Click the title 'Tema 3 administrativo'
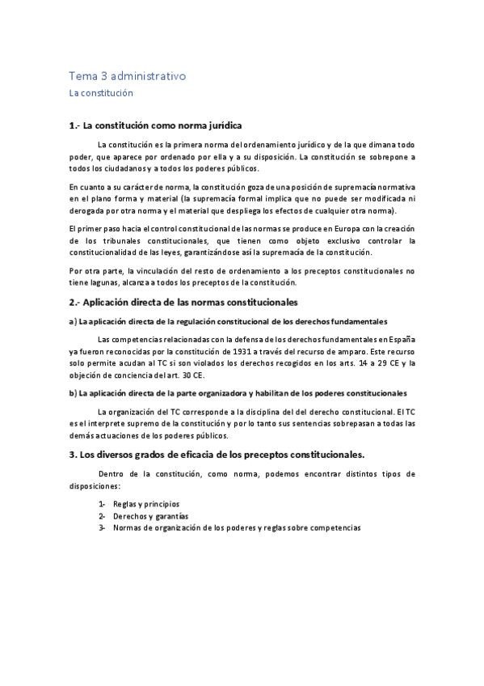coord(128,77)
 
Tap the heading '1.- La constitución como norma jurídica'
coord(156,127)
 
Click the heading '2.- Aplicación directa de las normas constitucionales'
coord(183,302)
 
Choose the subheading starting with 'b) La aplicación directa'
coord(238,393)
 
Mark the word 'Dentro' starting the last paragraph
coord(113,473)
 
